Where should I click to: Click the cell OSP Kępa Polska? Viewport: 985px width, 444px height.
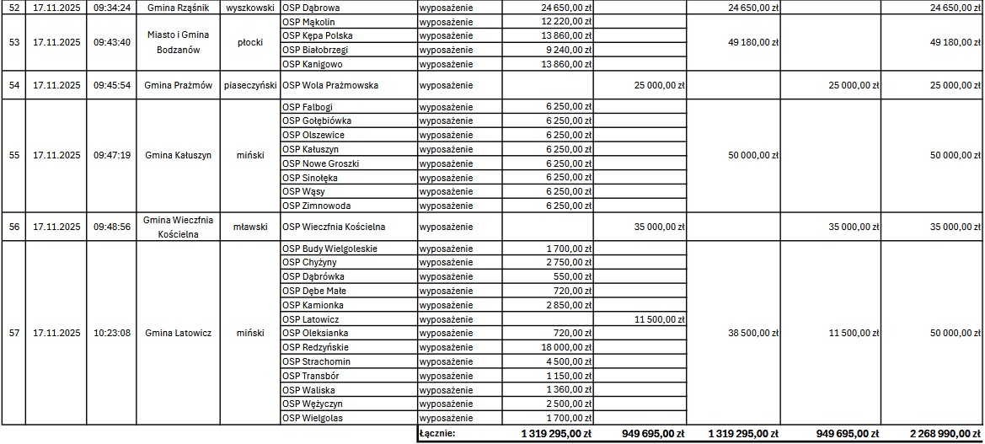coord(318,35)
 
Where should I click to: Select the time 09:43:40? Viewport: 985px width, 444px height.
coord(112,42)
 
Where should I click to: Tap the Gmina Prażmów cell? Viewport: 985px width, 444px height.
coord(178,85)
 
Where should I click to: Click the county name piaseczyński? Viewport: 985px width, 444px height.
coord(250,85)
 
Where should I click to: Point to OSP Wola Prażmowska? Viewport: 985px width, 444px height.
coord(330,85)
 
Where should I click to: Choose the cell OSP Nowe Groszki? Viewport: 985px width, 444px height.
coord(320,163)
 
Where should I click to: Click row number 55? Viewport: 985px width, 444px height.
coord(13,155)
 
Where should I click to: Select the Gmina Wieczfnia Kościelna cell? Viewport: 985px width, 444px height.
coord(178,227)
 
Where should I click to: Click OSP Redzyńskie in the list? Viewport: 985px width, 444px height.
coord(315,347)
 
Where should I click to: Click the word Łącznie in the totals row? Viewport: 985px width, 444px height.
coord(437,434)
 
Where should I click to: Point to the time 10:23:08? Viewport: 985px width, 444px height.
coord(112,333)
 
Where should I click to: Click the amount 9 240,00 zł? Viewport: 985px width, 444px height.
coord(568,50)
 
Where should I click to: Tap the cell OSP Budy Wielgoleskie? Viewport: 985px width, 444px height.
coord(329,249)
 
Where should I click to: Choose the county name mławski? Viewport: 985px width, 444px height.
coord(250,227)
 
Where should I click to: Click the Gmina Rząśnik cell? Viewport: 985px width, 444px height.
coord(178,7)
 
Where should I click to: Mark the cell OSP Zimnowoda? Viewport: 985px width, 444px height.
coord(316,206)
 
